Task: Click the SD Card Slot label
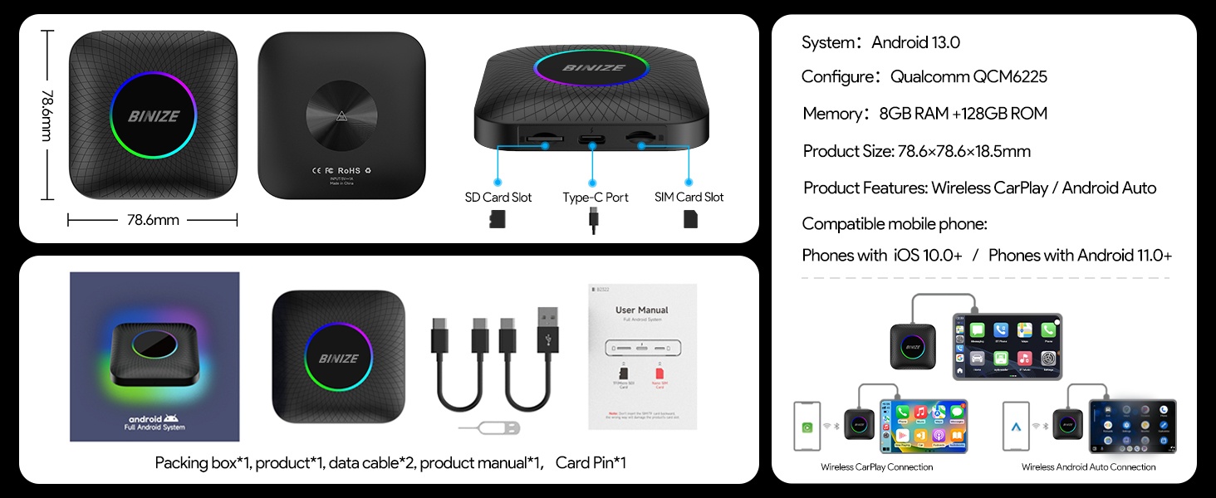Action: (498, 198)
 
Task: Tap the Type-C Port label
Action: (595, 198)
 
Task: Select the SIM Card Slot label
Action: (689, 198)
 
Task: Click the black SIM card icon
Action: (689, 219)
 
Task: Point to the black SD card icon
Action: (498, 219)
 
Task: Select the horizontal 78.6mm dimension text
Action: (153, 220)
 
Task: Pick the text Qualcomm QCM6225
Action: (968, 77)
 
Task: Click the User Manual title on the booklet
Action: (641, 310)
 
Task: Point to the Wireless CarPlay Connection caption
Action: (876, 467)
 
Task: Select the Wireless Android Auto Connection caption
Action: (1088, 467)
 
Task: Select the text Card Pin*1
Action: (591, 462)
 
